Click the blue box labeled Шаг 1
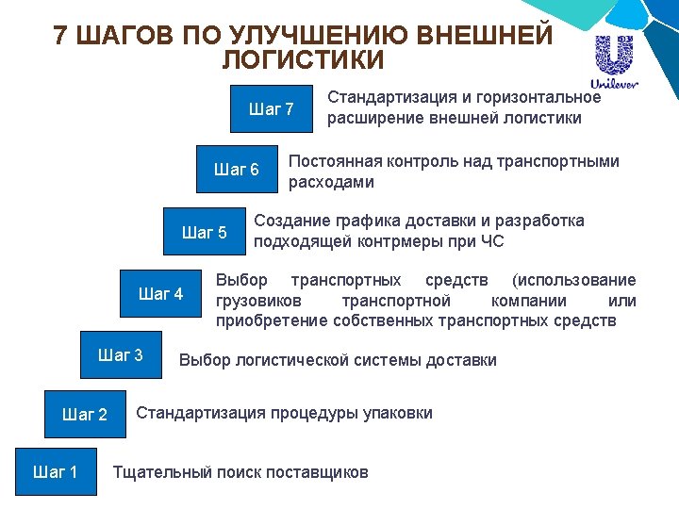click(56, 471)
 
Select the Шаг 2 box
click(84, 414)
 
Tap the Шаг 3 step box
click(121, 355)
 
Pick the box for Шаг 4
click(160, 294)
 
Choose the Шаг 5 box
click(204, 233)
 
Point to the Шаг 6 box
click(236, 170)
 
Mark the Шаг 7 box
click(272, 109)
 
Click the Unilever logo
click(614, 62)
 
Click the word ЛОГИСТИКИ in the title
click(304, 61)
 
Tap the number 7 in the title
click(60, 36)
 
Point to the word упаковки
click(397, 413)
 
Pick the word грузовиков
click(259, 301)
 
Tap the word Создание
click(291, 222)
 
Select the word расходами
click(331, 182)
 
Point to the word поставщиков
click(317, 472)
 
